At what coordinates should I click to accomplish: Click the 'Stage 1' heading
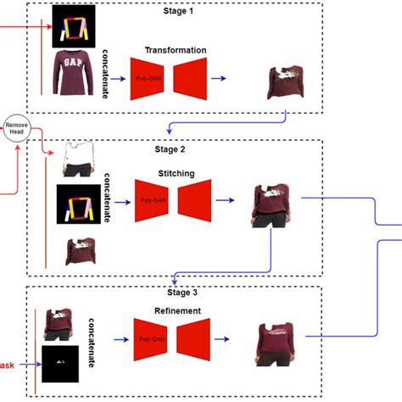(x=178, y=12)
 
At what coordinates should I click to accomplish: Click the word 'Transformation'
(x=169, y=49)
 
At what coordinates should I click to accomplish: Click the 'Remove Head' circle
(x=17, y=129)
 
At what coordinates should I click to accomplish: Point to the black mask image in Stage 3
(x=60, y=364)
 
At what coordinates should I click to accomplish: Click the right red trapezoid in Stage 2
(x=194, y=202)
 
